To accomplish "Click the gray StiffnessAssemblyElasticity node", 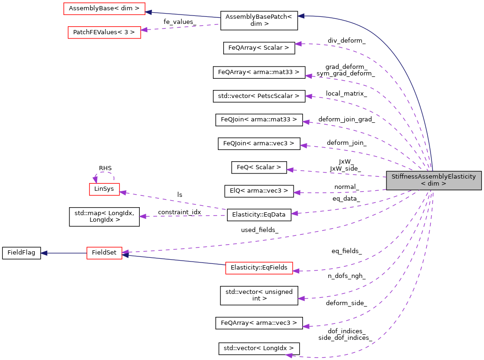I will [x=434, y=180].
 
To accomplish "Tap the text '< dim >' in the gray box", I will [x=433, y=184].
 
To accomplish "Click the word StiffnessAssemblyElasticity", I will [x=433, y=177].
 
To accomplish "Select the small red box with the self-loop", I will [x=105, y=189].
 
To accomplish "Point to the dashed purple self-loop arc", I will [x=105, y=172].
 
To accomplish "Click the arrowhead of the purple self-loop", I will [x=95, y=179].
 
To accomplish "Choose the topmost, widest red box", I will [x=104, y=9].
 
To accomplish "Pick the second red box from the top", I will [x=104, y=33].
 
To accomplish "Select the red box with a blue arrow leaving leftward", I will [x=104, y=253].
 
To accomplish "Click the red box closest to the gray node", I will [x=259, y=268].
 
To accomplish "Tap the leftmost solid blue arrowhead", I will [x=44, y=253].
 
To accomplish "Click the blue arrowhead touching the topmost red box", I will [x=148, y=12].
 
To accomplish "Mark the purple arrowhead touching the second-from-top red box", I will [x=144, y=30].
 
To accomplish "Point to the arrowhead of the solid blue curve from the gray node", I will [x=301, y=16].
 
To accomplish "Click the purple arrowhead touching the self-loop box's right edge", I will [x=123, y=192].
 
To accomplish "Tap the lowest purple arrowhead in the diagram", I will [x=289, y=356].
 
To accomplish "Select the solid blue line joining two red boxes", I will [x=174, y=260].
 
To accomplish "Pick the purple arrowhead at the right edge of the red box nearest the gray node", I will [x=296, y=271].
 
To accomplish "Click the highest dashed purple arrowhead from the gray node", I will [x=298, y=44].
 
